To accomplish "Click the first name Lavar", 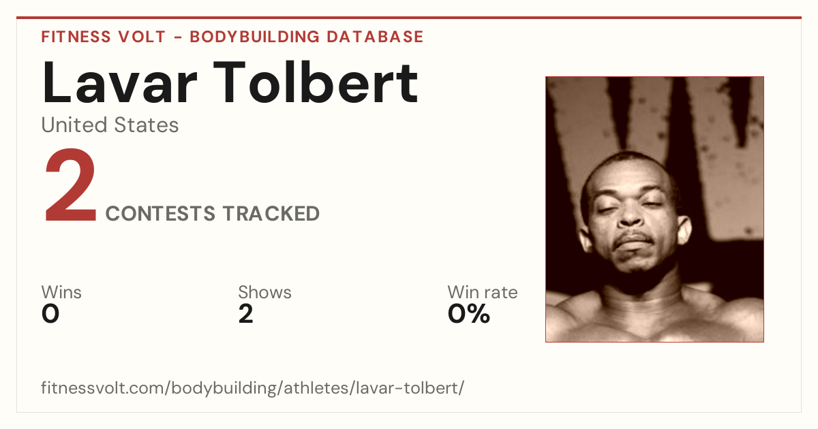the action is click(119, 82).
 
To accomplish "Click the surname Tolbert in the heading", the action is click(316, 82).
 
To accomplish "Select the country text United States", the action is click(110, 125).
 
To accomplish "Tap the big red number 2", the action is click(70, 185).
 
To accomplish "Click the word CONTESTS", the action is click(160, 213).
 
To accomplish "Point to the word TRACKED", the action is click(271, 213).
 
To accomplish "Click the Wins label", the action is click(61, 292).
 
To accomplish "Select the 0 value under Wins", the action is click(50, 314).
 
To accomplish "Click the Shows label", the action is click(264, 292).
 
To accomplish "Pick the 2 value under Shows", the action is click(246, 314).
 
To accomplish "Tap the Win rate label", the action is click(483, 292).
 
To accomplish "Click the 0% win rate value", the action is click(469, 314).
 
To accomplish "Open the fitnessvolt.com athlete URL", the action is click(253, 387).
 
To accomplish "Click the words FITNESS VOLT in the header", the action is click(104, 37).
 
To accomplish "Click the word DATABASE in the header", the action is click(375, 37).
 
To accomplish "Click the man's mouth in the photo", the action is click(633, 242).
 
